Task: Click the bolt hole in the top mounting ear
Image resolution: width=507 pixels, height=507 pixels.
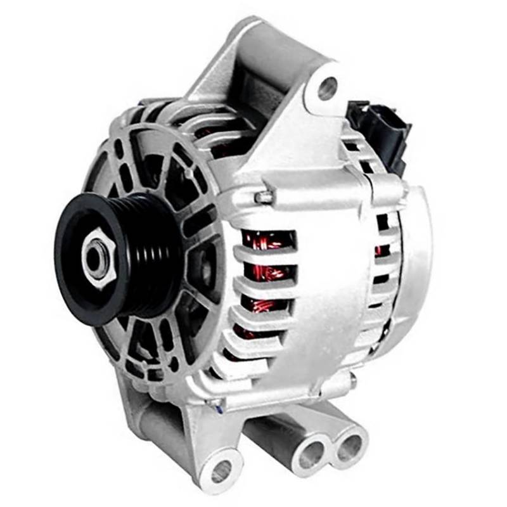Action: (327, 88)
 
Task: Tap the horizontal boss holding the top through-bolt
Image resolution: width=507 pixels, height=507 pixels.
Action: (298, 193)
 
